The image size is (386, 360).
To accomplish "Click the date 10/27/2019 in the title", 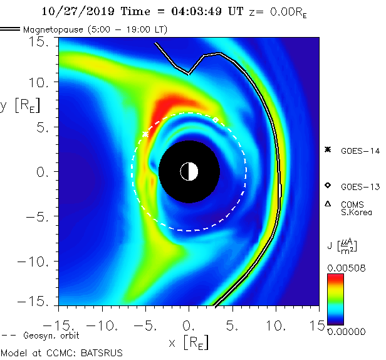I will pyautogui.click(x=69, y=11).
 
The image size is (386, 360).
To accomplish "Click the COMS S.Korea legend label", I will pyautogui.click(x=356, y=208).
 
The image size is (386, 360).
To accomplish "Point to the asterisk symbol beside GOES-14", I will pyautogui.click(x=327, y=149).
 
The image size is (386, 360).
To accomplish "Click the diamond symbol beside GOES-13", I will pyautogui.click(x=327, y=186).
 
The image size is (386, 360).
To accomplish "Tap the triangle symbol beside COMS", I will pyautogui.click(x=327, y=204).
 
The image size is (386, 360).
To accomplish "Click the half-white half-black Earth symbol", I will pyautogui.click(x=189, y=171).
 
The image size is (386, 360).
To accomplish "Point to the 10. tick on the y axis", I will pyautogui.click(x=44, y=82).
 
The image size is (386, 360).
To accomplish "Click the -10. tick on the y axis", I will pyautogui.click(x=39, y=262).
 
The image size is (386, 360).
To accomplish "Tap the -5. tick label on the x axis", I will pyautogui.click(x=142, y=326).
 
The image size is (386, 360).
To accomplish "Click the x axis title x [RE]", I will pyautogui.click(x=188, y=342).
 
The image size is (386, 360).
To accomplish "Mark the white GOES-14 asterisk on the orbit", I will pyautogui.click(x=145, y=134).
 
